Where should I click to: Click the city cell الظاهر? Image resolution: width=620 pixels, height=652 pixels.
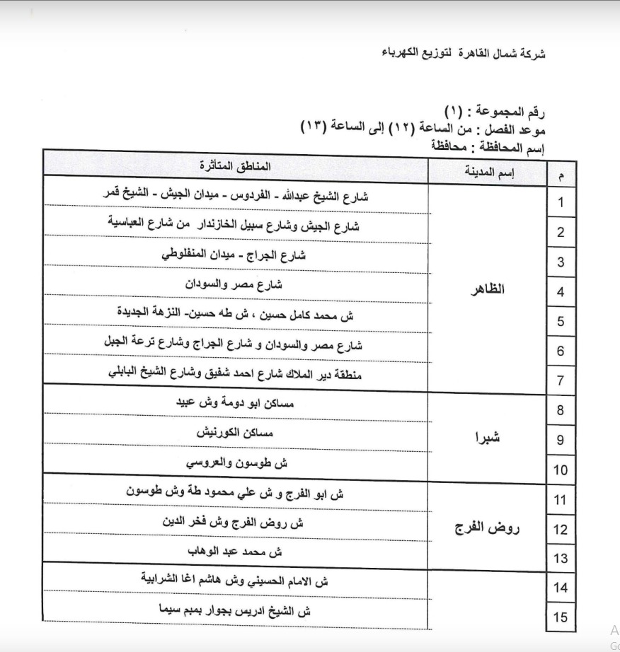click(488, 291)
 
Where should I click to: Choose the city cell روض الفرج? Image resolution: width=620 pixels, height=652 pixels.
click(487, 527)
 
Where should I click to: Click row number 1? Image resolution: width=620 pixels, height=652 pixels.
click(561, 203)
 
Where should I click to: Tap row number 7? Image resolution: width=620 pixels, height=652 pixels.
click(561, 380)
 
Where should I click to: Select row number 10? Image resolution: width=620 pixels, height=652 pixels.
click(561, 470)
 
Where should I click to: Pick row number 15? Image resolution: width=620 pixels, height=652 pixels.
click(561, 617)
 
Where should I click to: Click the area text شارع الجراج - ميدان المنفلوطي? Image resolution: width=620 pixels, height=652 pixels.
click(234, 255)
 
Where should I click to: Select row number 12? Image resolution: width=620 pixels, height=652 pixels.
click(561, 529)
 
